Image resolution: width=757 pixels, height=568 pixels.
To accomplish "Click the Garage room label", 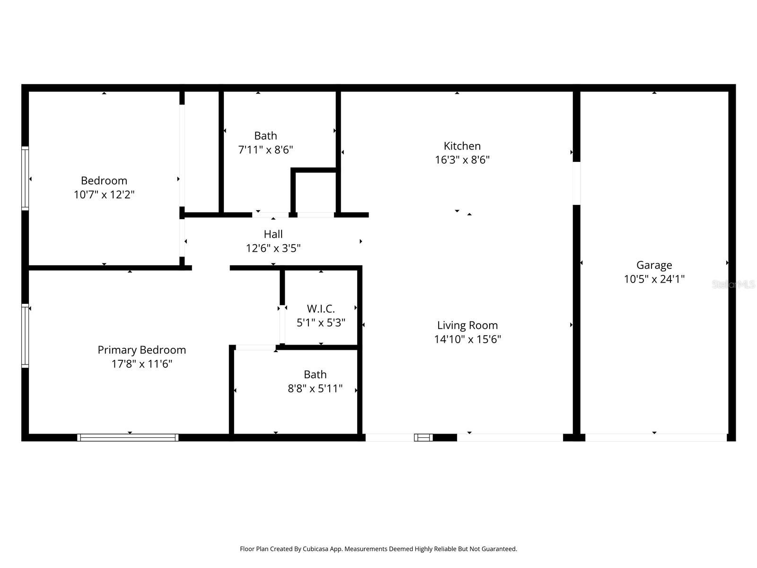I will [654, 265].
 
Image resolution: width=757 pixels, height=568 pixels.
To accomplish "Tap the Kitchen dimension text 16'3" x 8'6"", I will [462, 160].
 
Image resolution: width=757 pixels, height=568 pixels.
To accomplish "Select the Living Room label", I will [467, 325].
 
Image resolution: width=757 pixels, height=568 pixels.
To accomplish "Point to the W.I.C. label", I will [321, 309].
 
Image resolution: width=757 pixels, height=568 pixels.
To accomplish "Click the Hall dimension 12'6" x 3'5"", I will [273, 248].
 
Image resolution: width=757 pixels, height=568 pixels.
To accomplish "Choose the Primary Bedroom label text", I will [141, 350].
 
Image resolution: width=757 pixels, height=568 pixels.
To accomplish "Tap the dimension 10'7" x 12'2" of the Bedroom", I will [104, 195].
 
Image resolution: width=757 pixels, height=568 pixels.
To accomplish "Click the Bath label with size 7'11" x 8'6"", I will [265, 136].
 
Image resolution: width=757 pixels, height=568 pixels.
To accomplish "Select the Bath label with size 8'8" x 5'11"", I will [315, 374].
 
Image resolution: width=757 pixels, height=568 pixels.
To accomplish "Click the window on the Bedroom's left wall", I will [25, 178].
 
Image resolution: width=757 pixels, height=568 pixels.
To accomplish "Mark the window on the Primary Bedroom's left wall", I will [25, 336].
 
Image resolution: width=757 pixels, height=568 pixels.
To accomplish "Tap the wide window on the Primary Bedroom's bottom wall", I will [128, 438].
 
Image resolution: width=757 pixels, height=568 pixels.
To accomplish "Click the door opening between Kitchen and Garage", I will [576, 183].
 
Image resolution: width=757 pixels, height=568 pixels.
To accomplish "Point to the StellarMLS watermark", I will [733, 284].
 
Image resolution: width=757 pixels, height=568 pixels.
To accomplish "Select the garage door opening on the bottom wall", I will [656, 438].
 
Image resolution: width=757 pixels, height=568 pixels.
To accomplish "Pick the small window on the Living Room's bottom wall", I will [423, 438].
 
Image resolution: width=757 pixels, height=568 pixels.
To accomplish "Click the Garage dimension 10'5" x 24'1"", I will [654, 279].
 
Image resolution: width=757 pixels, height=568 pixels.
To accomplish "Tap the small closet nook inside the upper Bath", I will [315, 192].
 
